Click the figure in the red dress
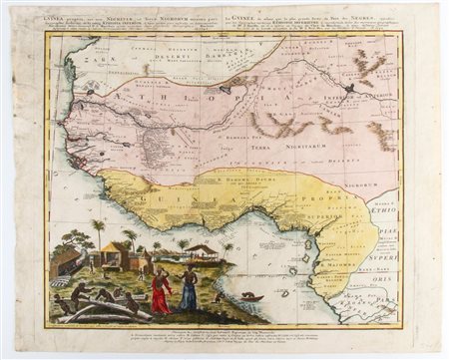[160, 290]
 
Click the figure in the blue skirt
[187, 290]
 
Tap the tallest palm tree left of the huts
[99, 233]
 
